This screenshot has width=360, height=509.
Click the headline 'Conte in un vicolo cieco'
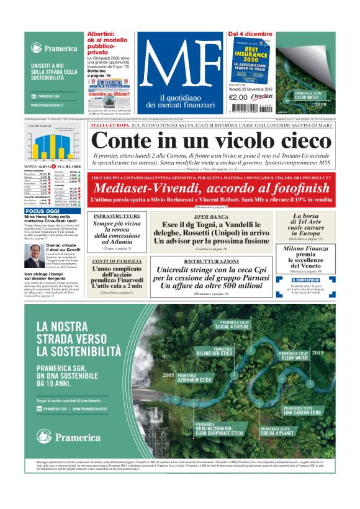[211, 140]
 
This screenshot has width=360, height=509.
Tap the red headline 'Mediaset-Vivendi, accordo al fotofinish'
[211, 188]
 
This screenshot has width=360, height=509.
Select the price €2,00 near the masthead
[238, 97]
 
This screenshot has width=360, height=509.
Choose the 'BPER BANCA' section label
[210, 217]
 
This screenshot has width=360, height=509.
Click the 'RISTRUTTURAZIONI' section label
[210, 262]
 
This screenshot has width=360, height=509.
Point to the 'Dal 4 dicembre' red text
[250, 34]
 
